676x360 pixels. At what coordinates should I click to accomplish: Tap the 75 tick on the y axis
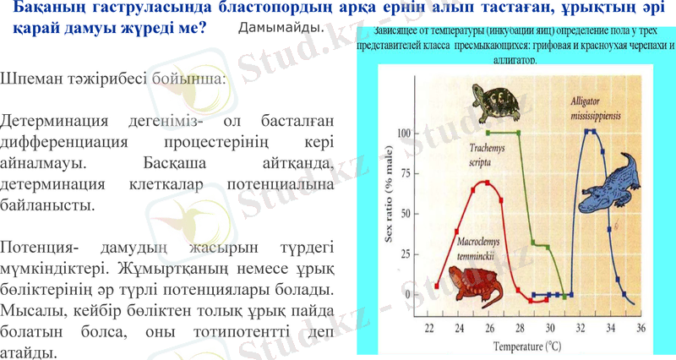406,173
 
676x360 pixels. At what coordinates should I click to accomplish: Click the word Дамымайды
281,28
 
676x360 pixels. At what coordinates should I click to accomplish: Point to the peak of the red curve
484,182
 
